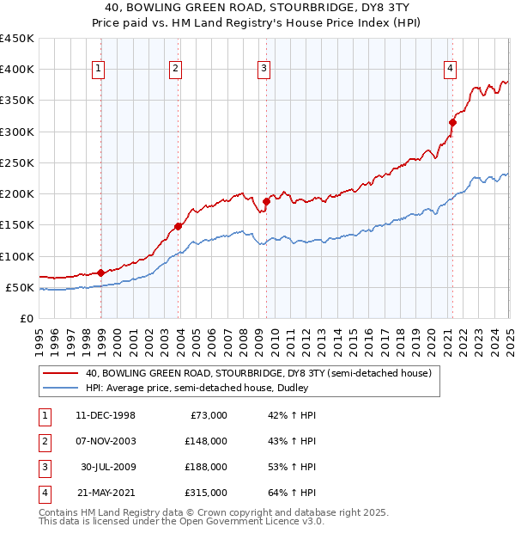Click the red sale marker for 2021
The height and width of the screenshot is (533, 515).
click(x=452, y=122)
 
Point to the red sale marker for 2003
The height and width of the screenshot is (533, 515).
click(x=179, y=226)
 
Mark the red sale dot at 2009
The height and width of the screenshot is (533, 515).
click(x=267, y=201)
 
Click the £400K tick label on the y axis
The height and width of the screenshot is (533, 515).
click(x=17, y=70)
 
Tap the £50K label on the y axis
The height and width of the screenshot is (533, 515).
click(x=21, y=287)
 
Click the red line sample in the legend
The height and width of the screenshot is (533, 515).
click(x=60, y=373)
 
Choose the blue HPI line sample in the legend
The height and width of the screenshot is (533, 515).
click(x=60, y=388)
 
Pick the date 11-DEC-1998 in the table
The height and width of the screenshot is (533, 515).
click(x=106, y=415)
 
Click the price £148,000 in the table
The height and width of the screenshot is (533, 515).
click(x=206, y=441)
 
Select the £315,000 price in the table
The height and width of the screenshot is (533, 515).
click(x=206, y=493)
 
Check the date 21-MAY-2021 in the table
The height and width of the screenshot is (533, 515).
click(x=106, y=493)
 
